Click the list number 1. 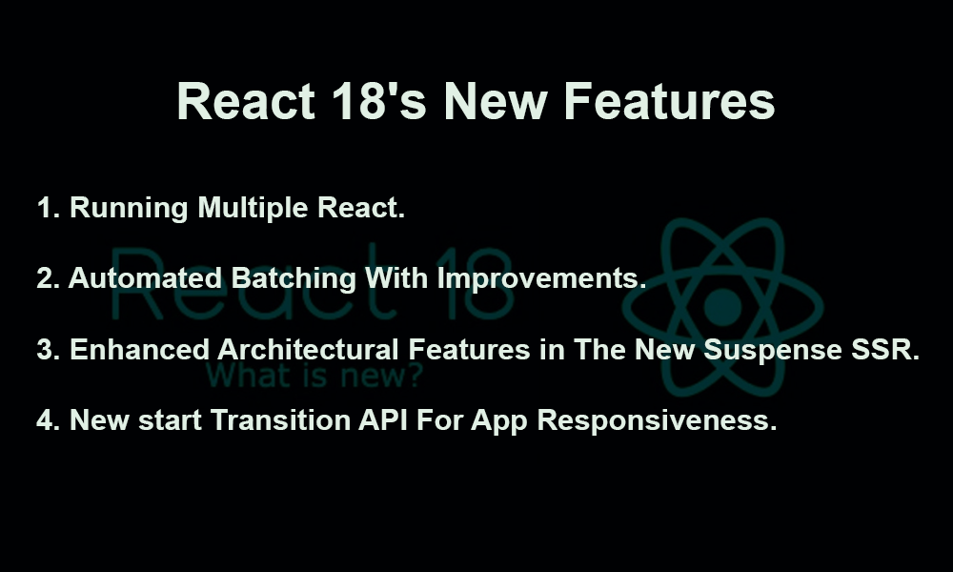click(46, 209)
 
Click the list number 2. click(46, 279)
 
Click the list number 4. click(46, 420)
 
